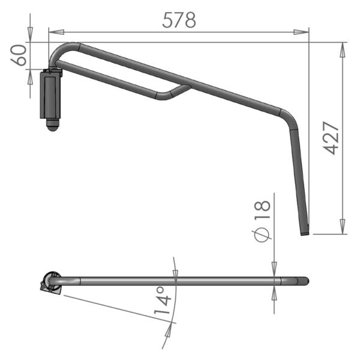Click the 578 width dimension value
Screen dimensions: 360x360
point(179,20)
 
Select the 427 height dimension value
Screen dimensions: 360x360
point(331,138)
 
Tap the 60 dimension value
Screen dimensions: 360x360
point(19,55)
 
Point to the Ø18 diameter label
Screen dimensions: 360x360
point(262,220)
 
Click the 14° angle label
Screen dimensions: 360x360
point(163,301)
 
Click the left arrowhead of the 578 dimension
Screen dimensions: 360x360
point(56,32)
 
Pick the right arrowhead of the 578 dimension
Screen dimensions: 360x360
point(301,32)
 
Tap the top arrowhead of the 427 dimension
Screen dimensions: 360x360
point(343,50)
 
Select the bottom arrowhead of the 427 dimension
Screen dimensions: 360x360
point(343,226)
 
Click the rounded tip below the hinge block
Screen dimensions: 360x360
point(53,125)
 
